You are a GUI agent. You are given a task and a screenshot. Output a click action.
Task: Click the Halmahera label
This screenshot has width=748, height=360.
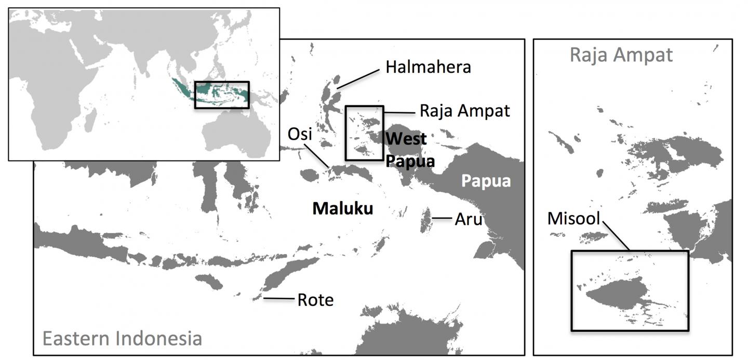click(x=428, y=67)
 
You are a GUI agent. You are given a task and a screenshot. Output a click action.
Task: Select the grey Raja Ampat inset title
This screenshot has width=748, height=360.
click(x=621, y=55)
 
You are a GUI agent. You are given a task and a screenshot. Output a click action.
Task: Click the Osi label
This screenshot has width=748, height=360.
click(x=300, y=135)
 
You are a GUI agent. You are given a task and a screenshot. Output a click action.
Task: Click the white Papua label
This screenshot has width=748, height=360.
click(x=486, y=181)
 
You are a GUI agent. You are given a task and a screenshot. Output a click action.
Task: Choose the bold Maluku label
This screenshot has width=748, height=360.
click(x=342, y=209)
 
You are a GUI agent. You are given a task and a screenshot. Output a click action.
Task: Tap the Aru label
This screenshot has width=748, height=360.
click(x=468, y=219)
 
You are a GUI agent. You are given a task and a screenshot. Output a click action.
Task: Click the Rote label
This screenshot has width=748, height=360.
click(x=315, y=300)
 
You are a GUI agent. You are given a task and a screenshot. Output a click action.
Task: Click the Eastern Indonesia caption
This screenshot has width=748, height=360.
click(x=122, y=339)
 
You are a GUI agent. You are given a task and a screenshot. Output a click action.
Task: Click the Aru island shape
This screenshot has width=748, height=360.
click(x=426, y=221)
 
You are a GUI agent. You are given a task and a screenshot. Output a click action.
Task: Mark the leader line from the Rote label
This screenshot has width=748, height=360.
click(x=278, y=298)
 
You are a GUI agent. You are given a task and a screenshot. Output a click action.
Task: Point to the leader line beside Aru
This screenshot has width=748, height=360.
click(x=443, y=219)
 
